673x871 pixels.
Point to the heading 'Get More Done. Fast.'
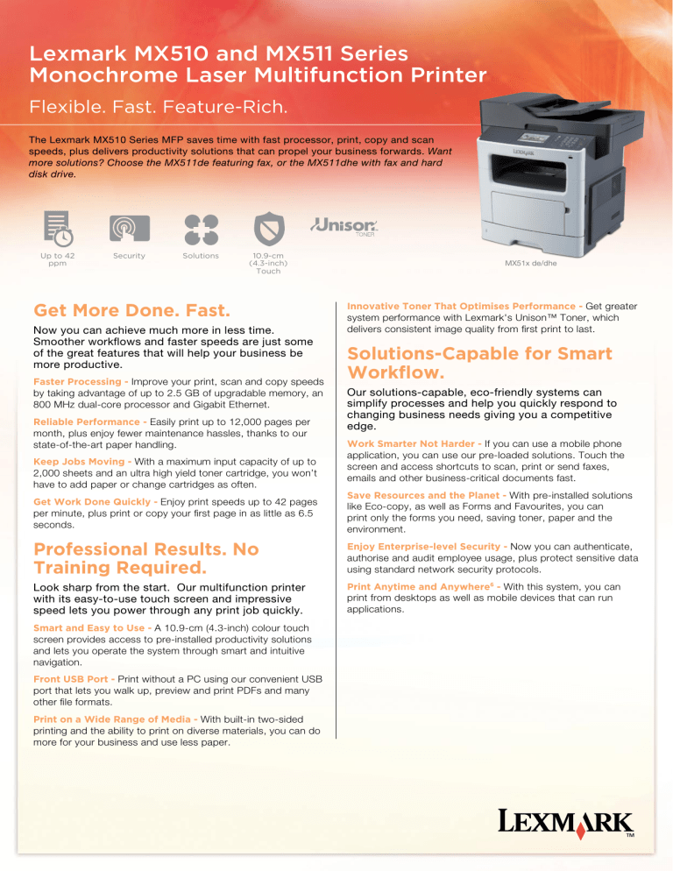pyautogui.click(x=131, y=310)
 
